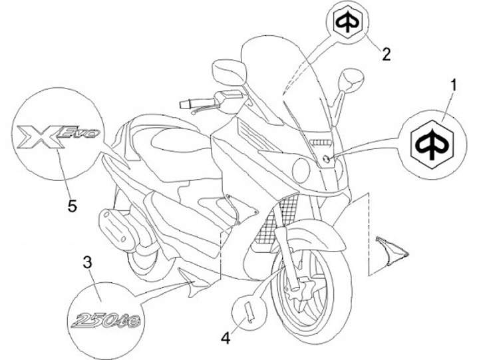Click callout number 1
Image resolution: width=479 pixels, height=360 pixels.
(x=454, y=86)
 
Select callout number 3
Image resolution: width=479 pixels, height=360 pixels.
(x=87, y=262)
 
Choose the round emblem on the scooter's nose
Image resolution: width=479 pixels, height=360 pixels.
(x=326, y=157)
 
